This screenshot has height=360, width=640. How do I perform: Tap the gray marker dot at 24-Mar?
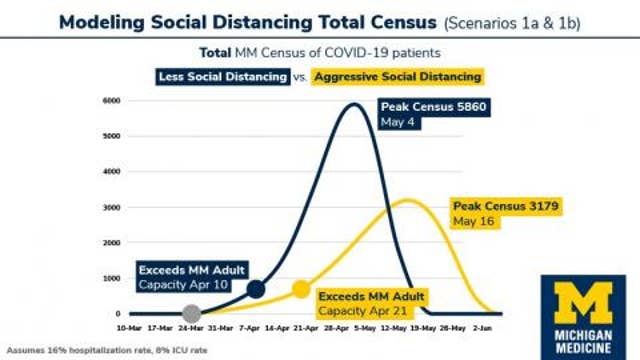192,313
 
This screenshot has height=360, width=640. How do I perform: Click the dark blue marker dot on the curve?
255,289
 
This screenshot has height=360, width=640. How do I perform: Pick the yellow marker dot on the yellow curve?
301,289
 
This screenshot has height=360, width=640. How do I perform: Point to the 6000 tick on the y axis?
112,101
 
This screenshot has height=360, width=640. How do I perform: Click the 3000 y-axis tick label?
112,207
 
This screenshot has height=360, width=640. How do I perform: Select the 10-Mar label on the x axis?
129,327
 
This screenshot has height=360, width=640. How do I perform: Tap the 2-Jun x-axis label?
483,327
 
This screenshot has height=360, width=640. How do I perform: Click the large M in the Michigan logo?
582,302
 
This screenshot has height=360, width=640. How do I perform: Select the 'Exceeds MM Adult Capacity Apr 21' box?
371,303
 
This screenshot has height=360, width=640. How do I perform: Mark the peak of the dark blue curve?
352,105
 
